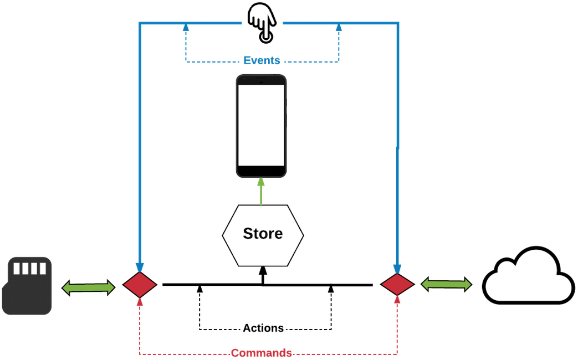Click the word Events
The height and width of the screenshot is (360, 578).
click(262, 60)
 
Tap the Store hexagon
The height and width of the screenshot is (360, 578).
click(263, 235)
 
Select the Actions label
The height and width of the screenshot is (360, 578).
click(263, 328)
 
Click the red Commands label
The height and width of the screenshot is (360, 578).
click(262, 353)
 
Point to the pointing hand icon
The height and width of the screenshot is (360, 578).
click(262, 22)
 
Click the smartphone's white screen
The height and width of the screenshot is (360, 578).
click(261, 125)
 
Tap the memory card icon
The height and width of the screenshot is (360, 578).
click(27, 286)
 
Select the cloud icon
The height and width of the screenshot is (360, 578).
click(528, 275)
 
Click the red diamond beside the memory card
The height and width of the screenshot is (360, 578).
click(140, 285)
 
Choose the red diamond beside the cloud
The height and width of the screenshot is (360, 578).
click(397, 285)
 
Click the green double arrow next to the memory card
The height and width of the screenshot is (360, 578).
click(88, 287)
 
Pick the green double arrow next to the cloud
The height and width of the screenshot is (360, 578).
click(447, 285)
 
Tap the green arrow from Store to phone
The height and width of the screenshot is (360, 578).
click(261, 191)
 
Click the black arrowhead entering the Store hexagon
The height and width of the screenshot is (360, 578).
click(263, 270)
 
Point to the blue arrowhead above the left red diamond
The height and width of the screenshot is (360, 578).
click(140, 268)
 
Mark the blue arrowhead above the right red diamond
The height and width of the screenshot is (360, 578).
click(397, 269)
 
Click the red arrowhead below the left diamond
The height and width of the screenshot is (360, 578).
click(140, 302)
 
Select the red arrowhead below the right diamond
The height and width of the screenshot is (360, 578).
click(397, 300)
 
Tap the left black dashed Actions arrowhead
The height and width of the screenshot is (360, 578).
click(200, 289)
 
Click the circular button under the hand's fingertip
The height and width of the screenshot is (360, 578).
click(266, 37)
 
